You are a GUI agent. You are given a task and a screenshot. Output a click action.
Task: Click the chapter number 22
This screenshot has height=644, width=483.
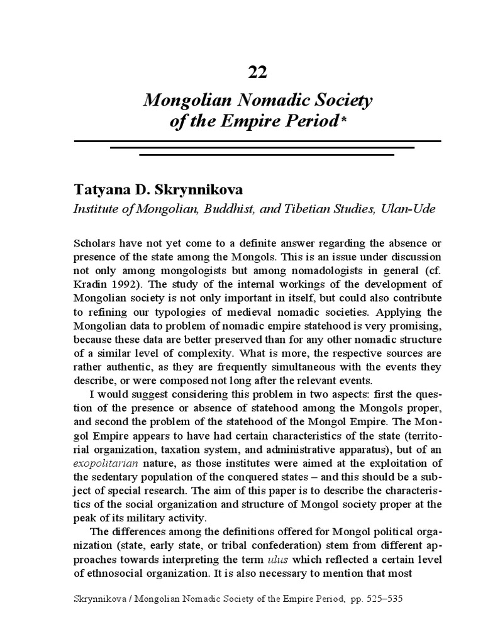[x=258, y=72]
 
